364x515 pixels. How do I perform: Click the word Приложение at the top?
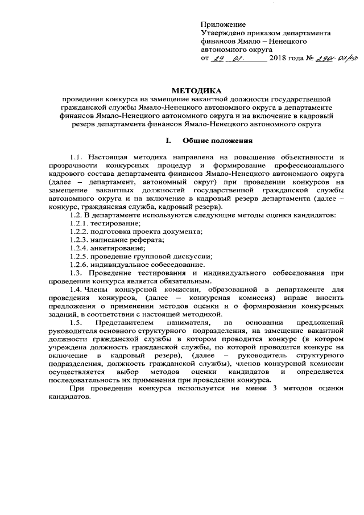click(x=223, y=24)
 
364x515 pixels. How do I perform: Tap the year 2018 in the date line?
click(x=280, y=59)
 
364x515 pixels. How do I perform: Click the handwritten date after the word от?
click(x=230, y=59)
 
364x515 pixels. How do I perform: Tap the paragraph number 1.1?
click(x=76, y=157)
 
